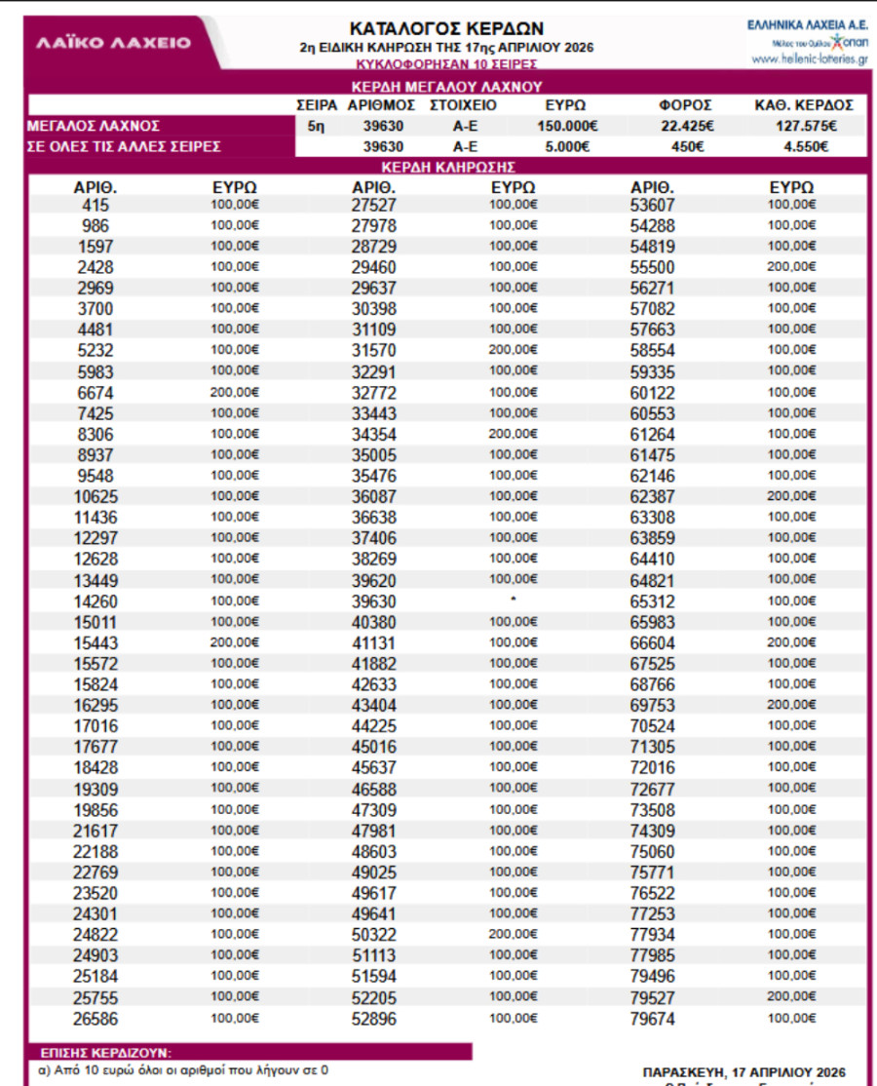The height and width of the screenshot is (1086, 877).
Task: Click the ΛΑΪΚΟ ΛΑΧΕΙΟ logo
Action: tap(114, 44)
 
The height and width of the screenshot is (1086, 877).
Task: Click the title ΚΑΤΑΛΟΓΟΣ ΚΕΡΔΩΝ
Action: tap(446, 28)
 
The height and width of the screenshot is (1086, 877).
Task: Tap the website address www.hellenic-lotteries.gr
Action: tap(810, 58)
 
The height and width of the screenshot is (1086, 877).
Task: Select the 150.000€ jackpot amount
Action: tap(566, 126)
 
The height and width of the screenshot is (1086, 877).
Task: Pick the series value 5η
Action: tap(316, 126)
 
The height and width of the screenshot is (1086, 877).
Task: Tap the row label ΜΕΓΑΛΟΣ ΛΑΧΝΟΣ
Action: tap(95, 126)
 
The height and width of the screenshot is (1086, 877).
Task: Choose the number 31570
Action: tap(374, 350)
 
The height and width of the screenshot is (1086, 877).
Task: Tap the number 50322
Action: tap(374, 936)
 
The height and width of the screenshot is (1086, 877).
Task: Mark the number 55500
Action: tap(652, 266)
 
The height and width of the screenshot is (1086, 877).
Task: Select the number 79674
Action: tap(652, 1020)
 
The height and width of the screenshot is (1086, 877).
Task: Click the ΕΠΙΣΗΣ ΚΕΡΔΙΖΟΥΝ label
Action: tap(106, 1052)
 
